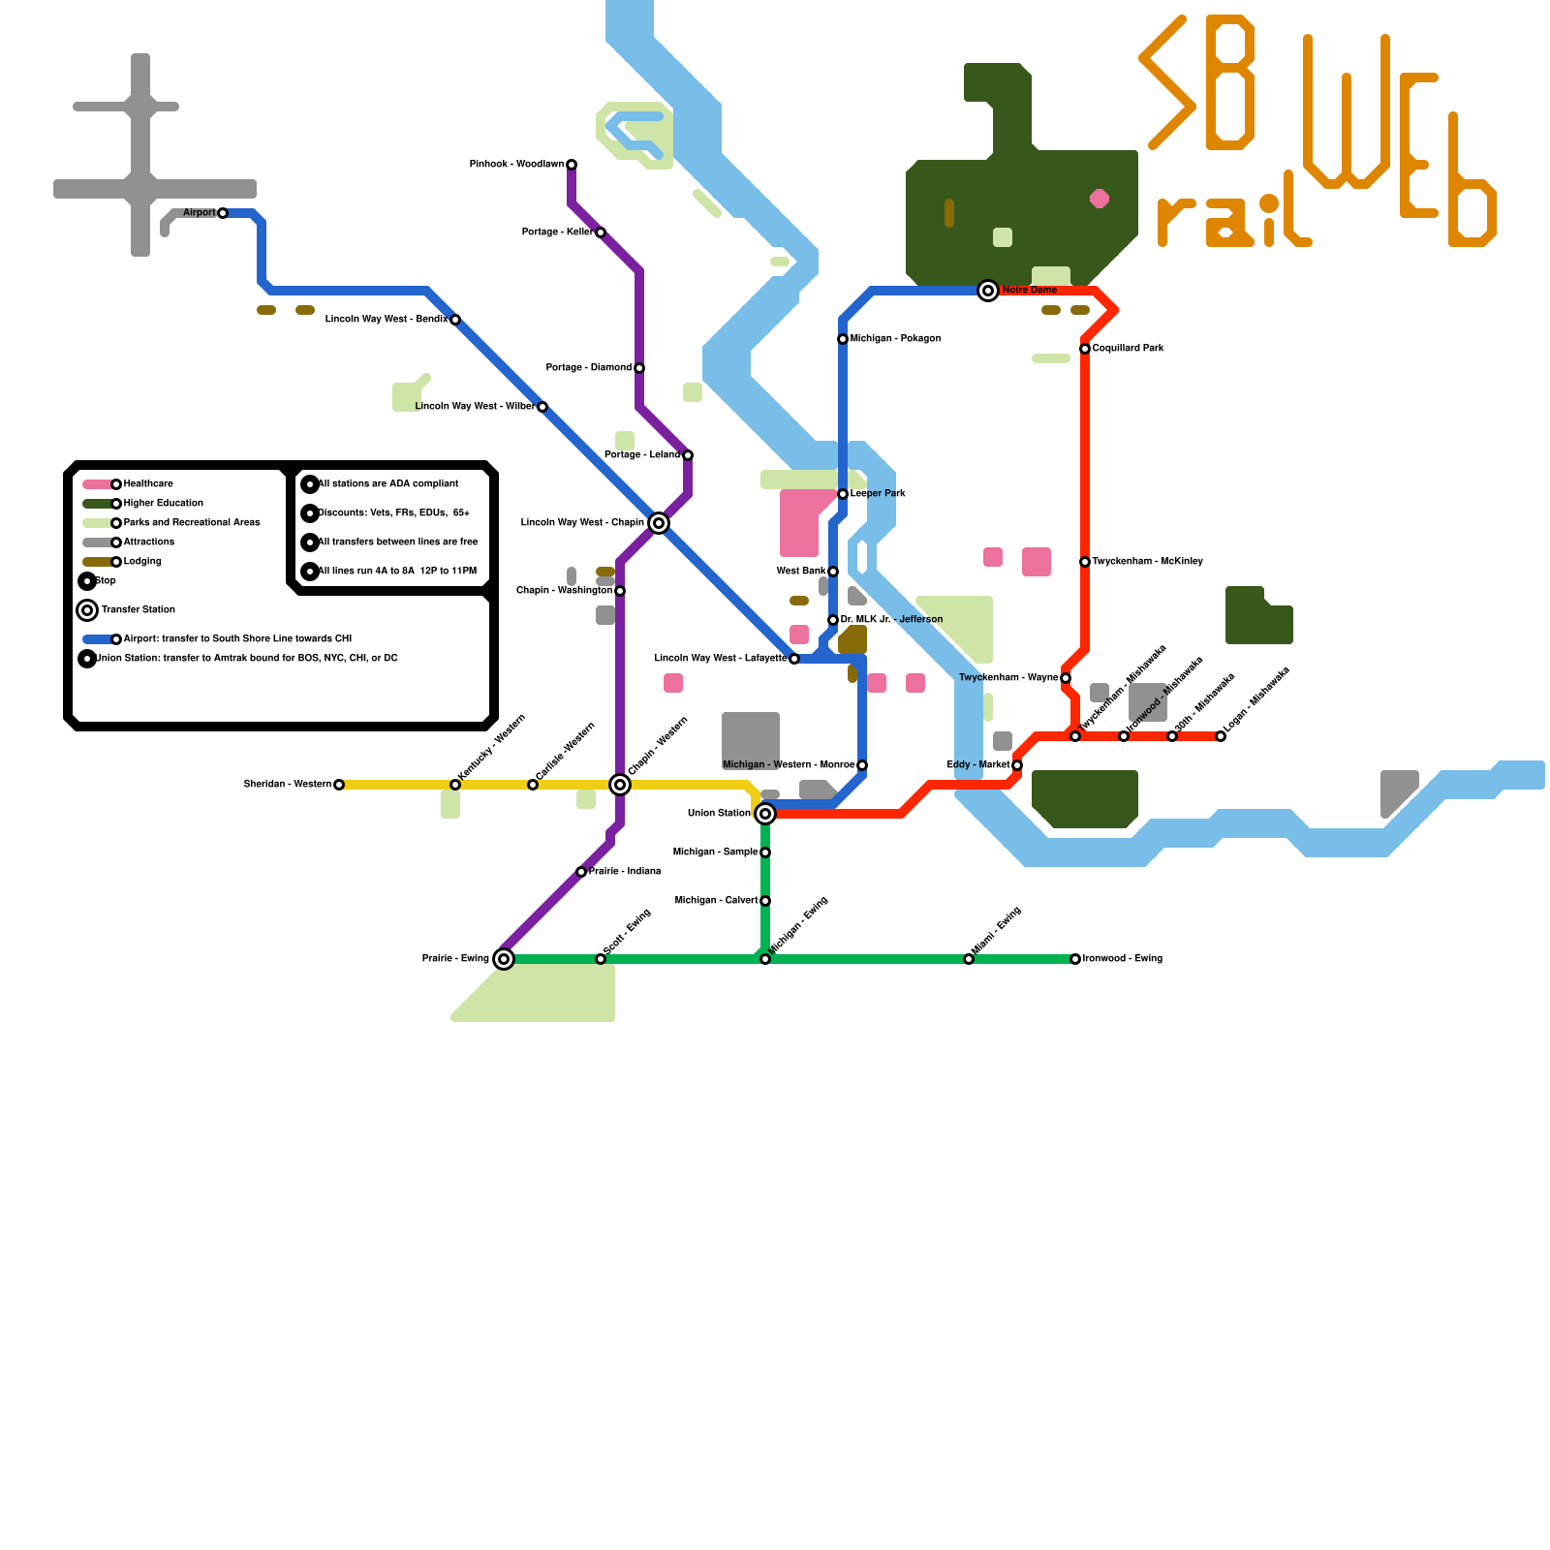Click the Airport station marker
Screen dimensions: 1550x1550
(x=223, y=213)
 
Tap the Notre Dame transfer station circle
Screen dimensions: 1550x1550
(x=988, y=291)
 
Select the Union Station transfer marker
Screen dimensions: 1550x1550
(x=765, y=814)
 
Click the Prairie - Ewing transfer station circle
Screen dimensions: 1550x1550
(x=504, y=959)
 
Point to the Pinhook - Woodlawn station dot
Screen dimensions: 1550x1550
(x=572, y=165)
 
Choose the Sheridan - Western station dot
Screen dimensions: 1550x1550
(x=339, y=785)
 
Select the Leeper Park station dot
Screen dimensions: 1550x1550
(x=843, y=494)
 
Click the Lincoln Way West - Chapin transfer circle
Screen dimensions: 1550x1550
(x=659, y=523)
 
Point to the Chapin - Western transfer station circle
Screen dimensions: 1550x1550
(x=620, y=785)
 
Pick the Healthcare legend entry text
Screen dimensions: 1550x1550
(x=148, y=484)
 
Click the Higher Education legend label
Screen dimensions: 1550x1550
(x=163, y=504)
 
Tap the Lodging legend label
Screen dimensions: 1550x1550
(x=142, y=562)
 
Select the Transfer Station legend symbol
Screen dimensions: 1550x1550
(x=87, y=610)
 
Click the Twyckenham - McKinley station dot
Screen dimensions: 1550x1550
(x=1085, y=562)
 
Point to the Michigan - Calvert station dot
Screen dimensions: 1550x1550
(x=765, y=901)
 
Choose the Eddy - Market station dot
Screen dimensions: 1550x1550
(x=1017, y=765)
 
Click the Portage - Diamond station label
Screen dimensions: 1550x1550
(x=588, y=368)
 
